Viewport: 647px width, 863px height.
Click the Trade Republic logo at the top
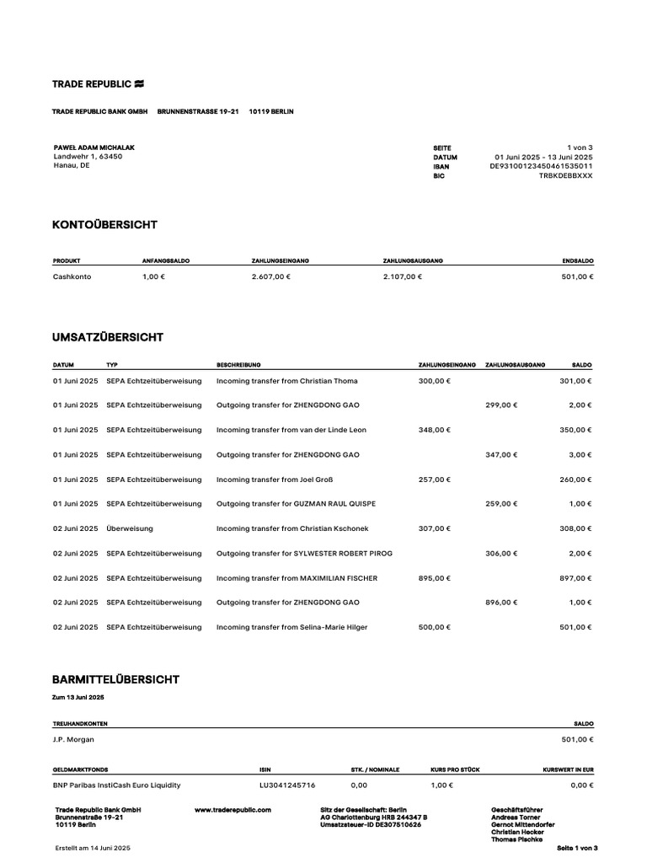coord(99,84)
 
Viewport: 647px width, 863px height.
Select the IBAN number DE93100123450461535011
coord(541,167)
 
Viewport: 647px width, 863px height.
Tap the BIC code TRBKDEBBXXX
coord(565,176)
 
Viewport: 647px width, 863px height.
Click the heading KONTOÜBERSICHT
coord(104,225)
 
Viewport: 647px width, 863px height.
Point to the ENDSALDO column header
coord(577,261)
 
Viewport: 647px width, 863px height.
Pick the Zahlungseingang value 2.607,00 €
coord(270,276)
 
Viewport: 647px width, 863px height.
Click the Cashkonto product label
coord(72,276)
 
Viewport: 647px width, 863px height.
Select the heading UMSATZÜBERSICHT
coord(108,338)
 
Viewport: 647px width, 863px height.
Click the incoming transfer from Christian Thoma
coord(286,381)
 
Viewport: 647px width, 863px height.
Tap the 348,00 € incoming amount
coord(434,430)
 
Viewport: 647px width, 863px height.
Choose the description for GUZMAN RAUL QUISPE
coord(296,504)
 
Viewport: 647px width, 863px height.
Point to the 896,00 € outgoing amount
coord(501,603)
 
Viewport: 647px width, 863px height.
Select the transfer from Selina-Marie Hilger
coord(291,627)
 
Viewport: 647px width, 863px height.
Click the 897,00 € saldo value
coord(577,578)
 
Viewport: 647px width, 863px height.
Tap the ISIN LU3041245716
coord(287,785)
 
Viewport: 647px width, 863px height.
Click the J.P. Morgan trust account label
coord(74,740)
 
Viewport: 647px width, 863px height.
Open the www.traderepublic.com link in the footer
coord(233,810)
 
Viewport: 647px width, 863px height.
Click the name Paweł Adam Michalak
coord(94,147)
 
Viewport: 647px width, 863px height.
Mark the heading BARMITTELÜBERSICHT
coord(115,679)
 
